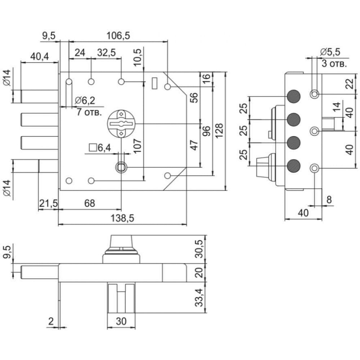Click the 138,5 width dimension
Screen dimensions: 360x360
(122, 218)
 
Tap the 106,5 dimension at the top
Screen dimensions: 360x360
(118, 36)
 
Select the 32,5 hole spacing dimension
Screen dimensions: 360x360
(106, 53)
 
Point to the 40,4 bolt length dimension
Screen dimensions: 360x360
(40, 56)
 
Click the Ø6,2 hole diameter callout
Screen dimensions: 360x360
(85, 100)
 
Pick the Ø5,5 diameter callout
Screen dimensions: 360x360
(330, 52)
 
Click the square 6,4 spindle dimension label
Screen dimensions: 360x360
(100, 148)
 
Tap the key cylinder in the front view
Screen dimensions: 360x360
(121, 123)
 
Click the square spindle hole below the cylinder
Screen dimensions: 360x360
(121, 167)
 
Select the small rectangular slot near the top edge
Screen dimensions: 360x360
(155, 83)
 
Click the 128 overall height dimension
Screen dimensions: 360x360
(219, 131)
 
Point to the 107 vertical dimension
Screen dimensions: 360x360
(137, 146)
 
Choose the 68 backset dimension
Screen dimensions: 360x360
(90, 203)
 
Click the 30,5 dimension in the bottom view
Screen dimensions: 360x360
(199, 249)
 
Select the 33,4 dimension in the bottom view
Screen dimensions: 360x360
(199, 298)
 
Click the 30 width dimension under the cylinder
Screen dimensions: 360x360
(121, 321)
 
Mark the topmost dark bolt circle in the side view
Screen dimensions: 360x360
(294, 96)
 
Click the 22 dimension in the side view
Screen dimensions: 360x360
(349, 84)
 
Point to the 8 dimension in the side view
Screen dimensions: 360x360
(329, 199)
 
